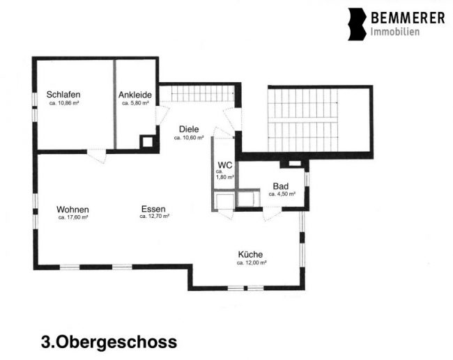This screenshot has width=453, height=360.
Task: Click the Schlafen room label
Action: point(63,95)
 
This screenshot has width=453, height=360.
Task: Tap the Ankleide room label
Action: point(135,95)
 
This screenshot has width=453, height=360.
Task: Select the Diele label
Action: point(189,129)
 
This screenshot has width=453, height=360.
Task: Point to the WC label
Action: point(225,166)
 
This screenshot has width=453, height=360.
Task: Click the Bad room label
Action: point(281,186)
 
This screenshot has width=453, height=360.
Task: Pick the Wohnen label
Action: point(72,210)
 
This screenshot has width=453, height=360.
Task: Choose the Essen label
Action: point(153,209)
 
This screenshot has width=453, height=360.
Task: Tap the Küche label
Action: point(250,254)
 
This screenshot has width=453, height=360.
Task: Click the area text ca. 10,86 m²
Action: point(64,103)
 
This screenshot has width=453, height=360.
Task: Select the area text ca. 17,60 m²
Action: point(73,217)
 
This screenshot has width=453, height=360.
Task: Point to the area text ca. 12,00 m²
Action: point(252,263)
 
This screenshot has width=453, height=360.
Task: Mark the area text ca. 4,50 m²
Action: point(282,194)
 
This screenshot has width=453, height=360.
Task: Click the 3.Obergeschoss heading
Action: point(109,342)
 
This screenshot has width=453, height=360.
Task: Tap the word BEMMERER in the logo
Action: point(408,18)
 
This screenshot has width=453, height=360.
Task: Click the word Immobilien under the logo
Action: point(395,32)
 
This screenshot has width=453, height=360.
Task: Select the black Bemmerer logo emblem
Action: point(357,24)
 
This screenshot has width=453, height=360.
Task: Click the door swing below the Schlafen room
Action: point(96,156)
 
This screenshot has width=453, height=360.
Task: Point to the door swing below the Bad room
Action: point(272,214)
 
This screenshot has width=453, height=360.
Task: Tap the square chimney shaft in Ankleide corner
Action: point(148,142)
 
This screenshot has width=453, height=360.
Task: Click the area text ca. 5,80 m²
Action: point(135,103)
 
